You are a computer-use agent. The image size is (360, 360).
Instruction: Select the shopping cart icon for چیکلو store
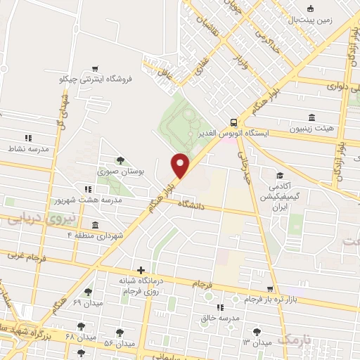95,68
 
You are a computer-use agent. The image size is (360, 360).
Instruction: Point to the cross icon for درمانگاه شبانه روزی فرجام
141,271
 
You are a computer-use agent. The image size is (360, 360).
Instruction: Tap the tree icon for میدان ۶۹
88,292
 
